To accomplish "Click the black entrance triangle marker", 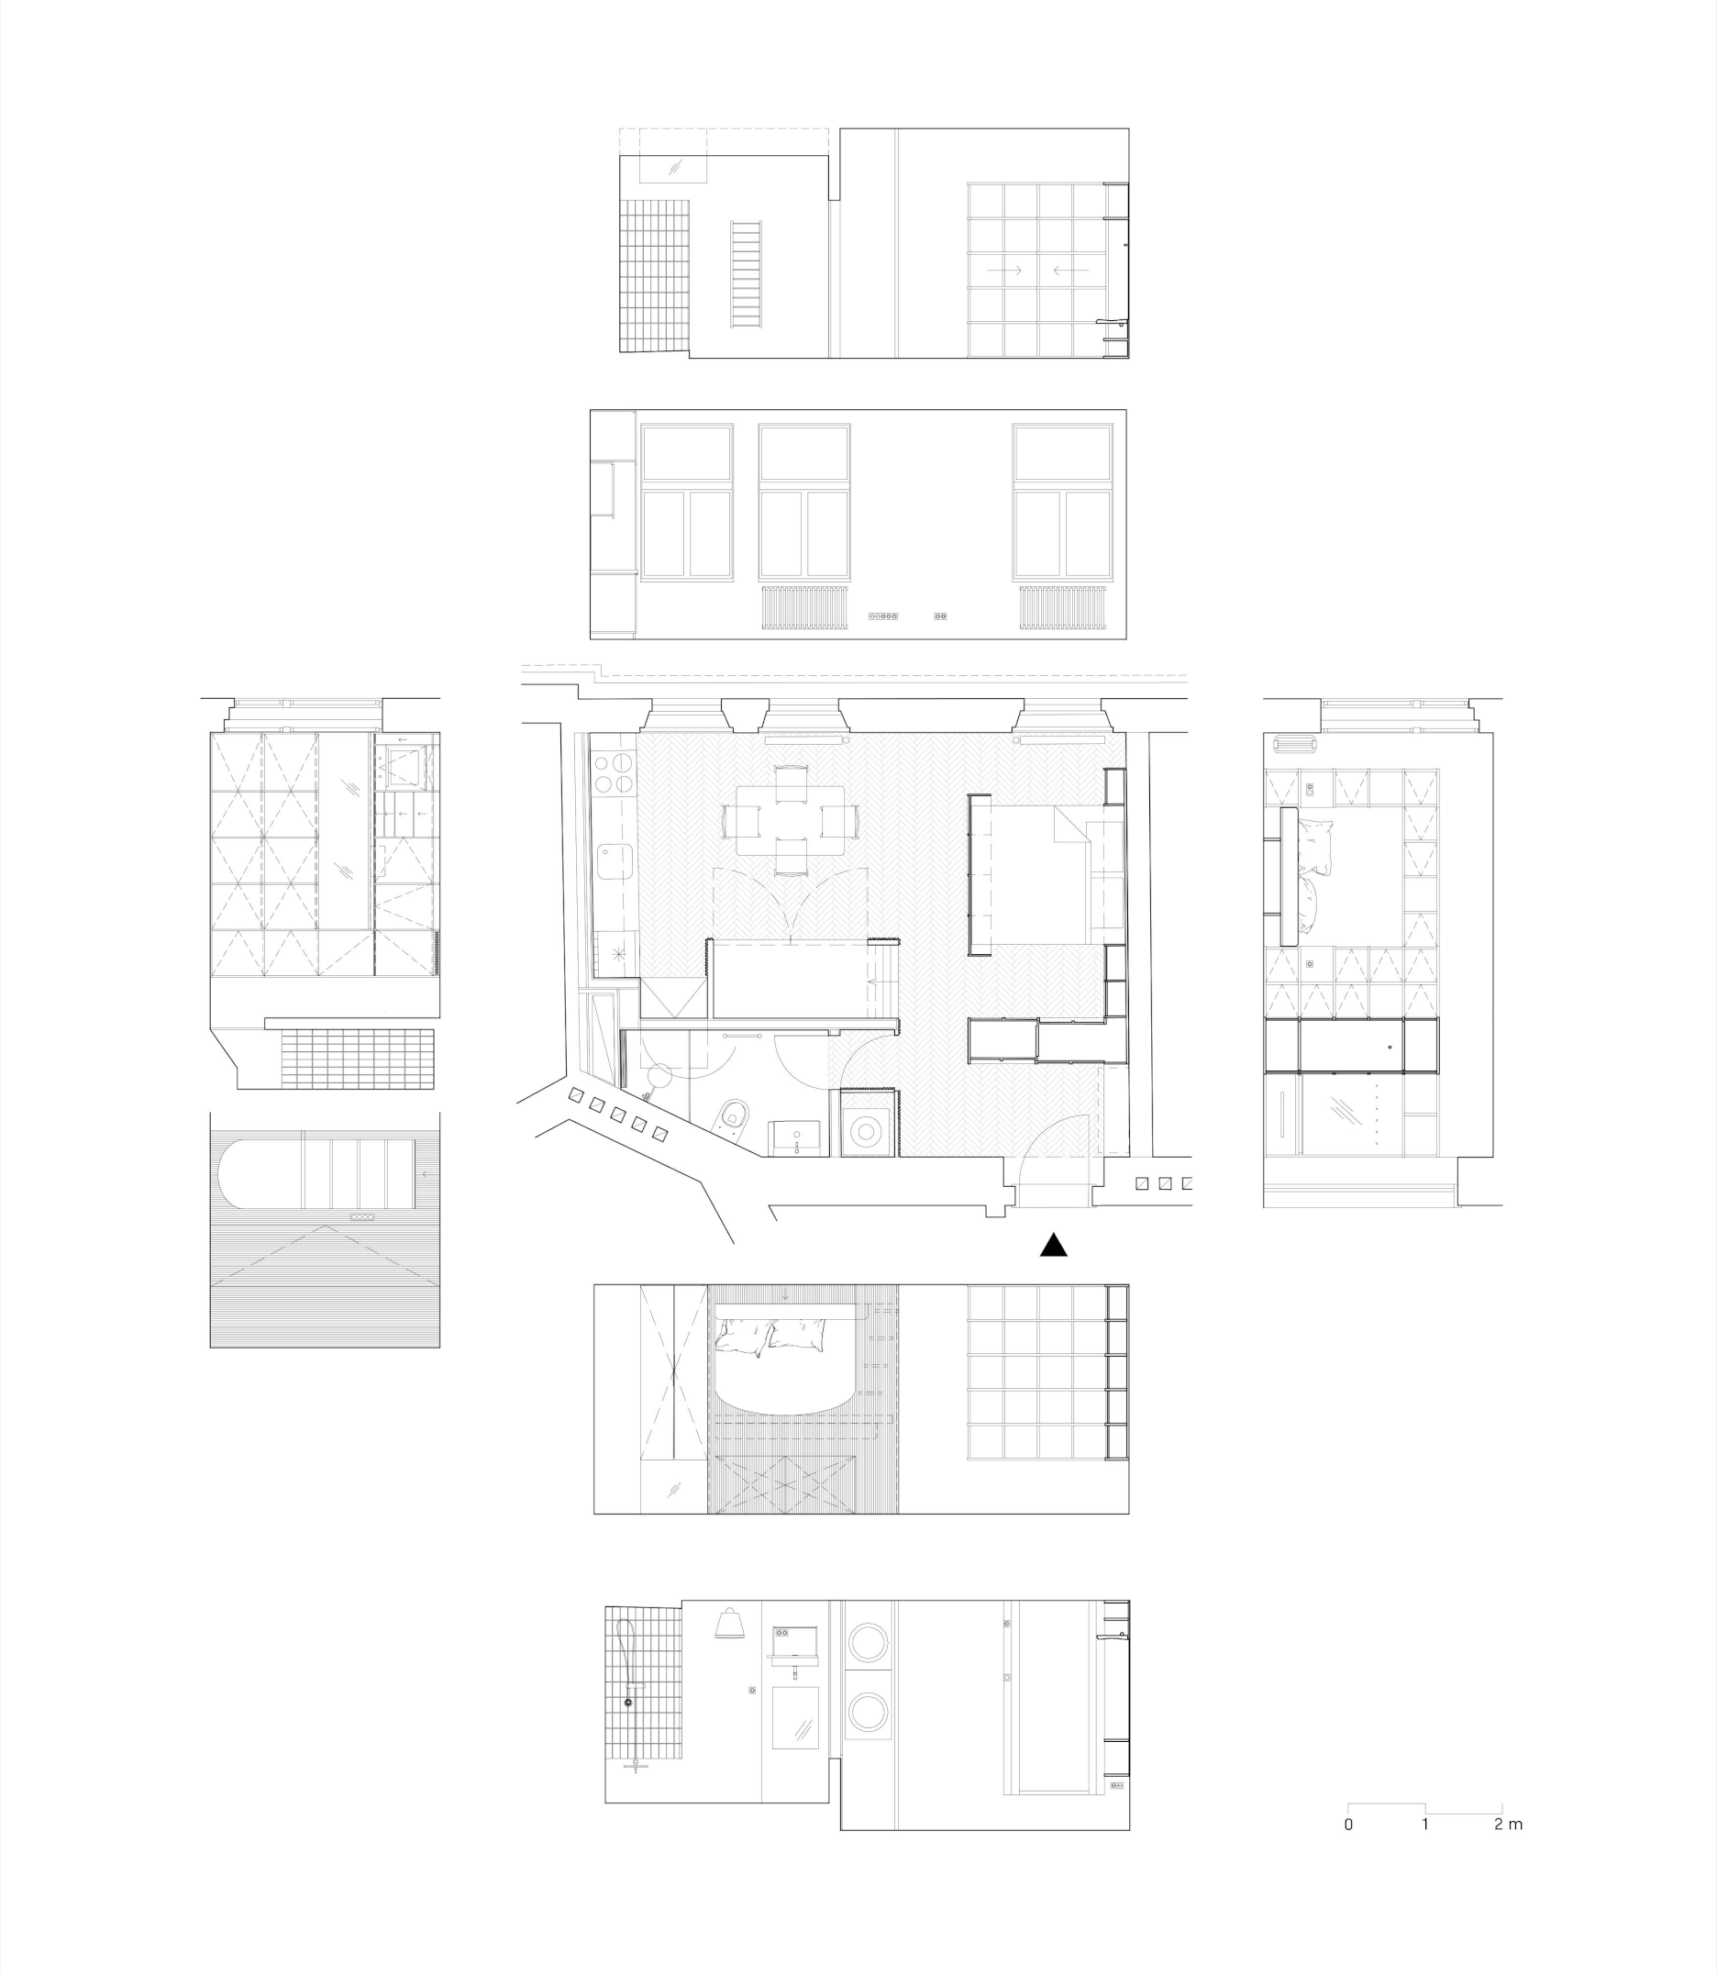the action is click(x=1053, y=1245).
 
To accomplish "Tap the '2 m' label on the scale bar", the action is click(x=1507, y=1824).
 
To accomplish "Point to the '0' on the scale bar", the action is click(x=1348, y=1824).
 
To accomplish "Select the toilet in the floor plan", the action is click(x=733, y=1116).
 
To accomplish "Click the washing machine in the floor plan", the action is click(x=867, y=1131).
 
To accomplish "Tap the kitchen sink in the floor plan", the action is click(x=614, y=860).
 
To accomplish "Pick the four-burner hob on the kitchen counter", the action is click(x=615, y=774).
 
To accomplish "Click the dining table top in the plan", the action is click(x=791, y=820).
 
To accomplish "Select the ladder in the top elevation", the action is click(x=747, y=275).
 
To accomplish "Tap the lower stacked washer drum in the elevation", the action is click(x=868, y=1712).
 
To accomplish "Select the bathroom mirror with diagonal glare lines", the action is click(x=795, y=1717).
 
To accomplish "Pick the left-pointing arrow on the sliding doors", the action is click(x=1070, y=271).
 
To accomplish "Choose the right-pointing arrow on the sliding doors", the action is click(x=1004, y=271).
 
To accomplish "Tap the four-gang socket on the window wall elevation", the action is click(x=882, y=616).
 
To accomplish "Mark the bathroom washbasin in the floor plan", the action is click(x=795, y=1137).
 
